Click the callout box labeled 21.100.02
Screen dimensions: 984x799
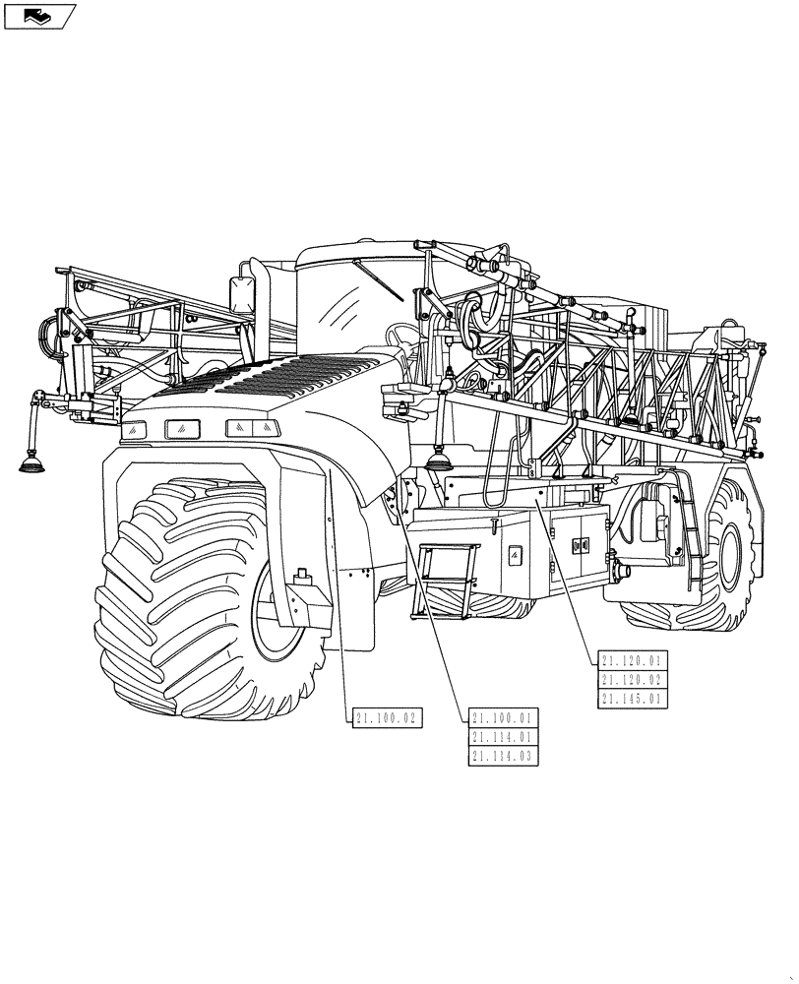(387, 719)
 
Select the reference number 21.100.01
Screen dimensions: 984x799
(504, 718)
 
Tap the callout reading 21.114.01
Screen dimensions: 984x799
(504, 737)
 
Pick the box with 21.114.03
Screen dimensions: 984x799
(504, 756)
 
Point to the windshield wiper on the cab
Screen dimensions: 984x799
(379, 282)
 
